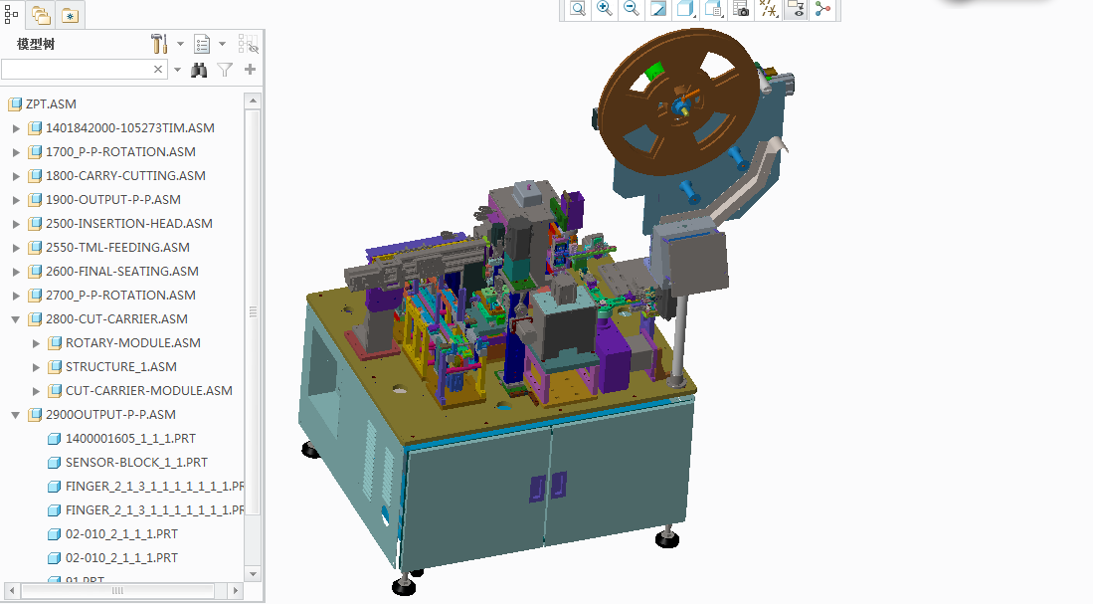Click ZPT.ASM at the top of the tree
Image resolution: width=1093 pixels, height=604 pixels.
click(x=51, y=104)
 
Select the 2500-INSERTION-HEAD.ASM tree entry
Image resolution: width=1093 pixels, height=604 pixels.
click(x=128, y=224)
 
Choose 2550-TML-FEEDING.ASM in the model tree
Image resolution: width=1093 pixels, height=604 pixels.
click(x=117, y=248)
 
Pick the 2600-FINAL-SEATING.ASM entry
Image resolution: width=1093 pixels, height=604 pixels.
click(x=121, y=272)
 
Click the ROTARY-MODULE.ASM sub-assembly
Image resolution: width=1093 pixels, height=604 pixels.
click(x=132, y=343)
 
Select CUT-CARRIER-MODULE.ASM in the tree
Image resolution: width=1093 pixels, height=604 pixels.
click(x=148, y=391)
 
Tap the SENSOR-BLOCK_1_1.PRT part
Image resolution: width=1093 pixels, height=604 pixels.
click(x=136, y=463)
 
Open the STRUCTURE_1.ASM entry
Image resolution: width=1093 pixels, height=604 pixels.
click(x=120, y=367)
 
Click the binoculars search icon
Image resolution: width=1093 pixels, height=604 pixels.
click(x=199, y=70)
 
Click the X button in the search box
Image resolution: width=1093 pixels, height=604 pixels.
click(x=158, y=70)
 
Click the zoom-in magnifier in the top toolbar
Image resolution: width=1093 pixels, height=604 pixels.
click(x=604, y=9)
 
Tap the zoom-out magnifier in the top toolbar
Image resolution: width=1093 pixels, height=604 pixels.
click(x=631, y=9)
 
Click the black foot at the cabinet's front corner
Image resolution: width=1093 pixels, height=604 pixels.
click(x=404, y=586)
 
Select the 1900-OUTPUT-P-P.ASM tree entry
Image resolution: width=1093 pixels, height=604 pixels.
click(x=112, y=200)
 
